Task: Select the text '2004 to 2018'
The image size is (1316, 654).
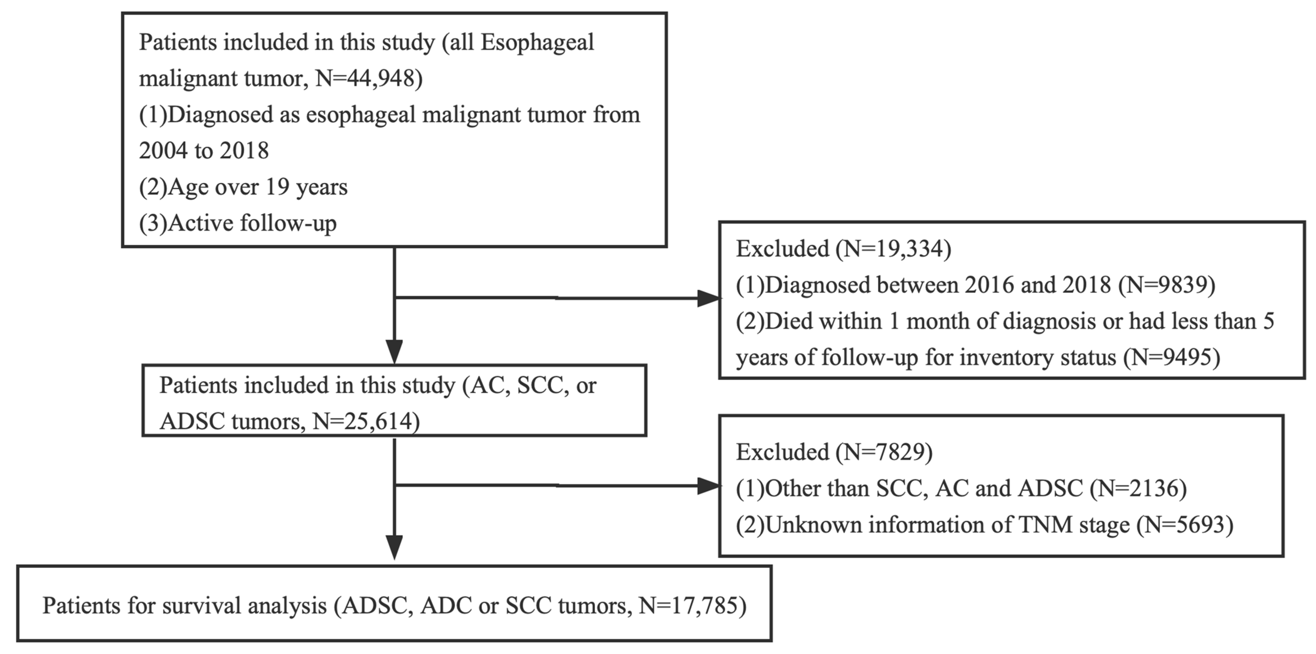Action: (x=203, y=151)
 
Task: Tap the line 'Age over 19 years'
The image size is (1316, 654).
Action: (x=257, y=187)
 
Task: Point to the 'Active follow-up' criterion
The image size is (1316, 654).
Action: (x=252, y=223)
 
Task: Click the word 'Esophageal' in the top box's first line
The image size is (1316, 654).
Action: (x=537, y=42)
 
